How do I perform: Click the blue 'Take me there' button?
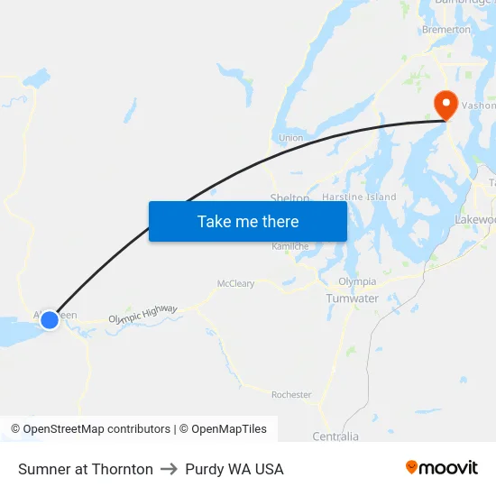(248, 221)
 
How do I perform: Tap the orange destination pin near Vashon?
(445, 104)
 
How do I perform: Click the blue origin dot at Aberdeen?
(50, 319)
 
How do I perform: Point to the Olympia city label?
(357, 282)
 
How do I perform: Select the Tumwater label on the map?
(352, 299)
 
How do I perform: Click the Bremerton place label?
(446, 30)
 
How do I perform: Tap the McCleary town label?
(235, 283)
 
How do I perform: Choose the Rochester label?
(291, 395)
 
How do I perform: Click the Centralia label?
(335, 436)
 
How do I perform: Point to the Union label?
(290, 138)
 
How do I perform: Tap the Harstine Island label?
(359, 197)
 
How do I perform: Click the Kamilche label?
(290, 246)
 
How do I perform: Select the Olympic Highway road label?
(142, 315)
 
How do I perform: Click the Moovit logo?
(442, 468)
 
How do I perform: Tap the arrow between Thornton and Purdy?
(169, 469)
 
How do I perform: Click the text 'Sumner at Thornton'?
(86, 469)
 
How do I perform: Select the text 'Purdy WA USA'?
(234, 469)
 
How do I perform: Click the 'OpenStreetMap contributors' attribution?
(96, 429)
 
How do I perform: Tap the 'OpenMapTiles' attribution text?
(228, 429)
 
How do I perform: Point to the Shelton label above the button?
(289, 197)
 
